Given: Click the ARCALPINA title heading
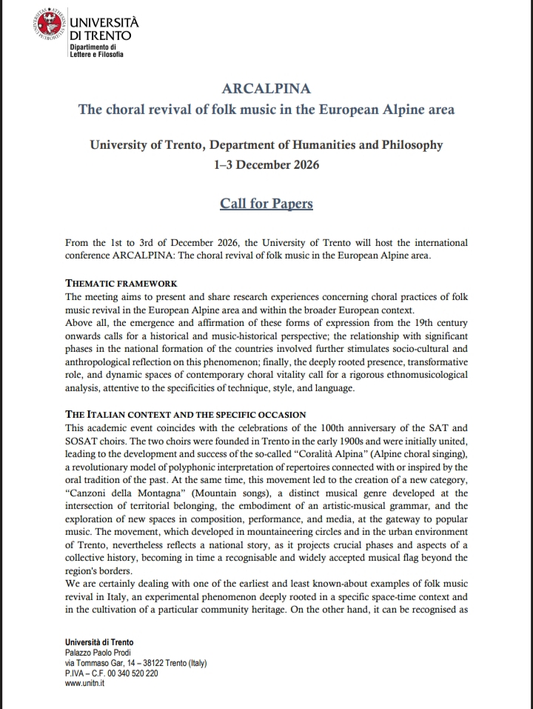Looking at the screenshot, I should (266, 89).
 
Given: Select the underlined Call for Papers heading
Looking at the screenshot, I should (266, 203).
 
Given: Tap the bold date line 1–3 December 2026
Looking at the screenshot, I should (266, 164).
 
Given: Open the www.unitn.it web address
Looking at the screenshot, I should (84, 684).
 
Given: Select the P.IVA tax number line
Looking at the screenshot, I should (112, 673).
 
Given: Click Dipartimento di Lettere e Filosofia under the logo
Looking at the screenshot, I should (96, 51).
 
